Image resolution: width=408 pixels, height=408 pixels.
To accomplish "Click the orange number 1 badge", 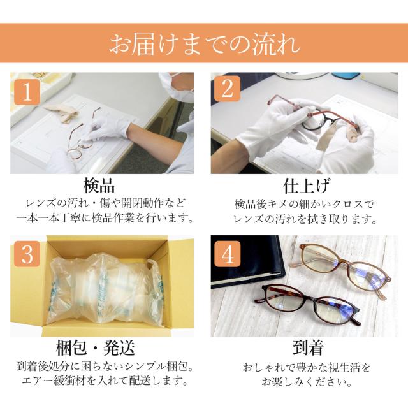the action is click(x=27, y=92).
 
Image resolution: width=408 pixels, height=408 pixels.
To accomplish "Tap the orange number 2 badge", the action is click(x=227, y=89).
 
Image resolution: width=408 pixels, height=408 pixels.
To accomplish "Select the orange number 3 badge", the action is click(x=27, y=254).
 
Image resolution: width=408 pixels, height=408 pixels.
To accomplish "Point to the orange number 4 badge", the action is click(x=227, y=254).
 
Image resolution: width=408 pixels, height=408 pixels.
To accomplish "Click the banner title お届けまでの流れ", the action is click(x=204, y=44).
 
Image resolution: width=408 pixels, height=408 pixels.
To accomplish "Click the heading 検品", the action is click(x=99, y=186).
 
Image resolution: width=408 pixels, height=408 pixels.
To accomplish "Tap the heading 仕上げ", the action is click(x=307, y=186).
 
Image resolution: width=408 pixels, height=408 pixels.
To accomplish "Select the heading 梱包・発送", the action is click(x=96, y=348).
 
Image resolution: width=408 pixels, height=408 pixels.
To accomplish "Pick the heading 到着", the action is click(x=308, y=348).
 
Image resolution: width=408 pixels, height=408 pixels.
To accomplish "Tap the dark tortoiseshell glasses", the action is click(x=310, y=305).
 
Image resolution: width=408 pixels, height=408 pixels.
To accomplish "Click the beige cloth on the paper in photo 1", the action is click(x=62, y=113).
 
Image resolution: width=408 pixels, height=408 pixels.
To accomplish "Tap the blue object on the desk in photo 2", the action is click(x=346, y=75).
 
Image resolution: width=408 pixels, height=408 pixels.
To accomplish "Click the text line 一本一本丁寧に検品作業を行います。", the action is click(x=105, y=218).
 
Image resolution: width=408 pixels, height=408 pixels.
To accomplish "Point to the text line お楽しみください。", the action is click(x=307, y=382).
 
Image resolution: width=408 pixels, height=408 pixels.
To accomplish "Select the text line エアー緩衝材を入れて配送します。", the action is click(x=105, y=381).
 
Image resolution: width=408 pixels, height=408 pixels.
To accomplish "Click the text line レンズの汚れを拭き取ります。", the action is click(x=305, y=219).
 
